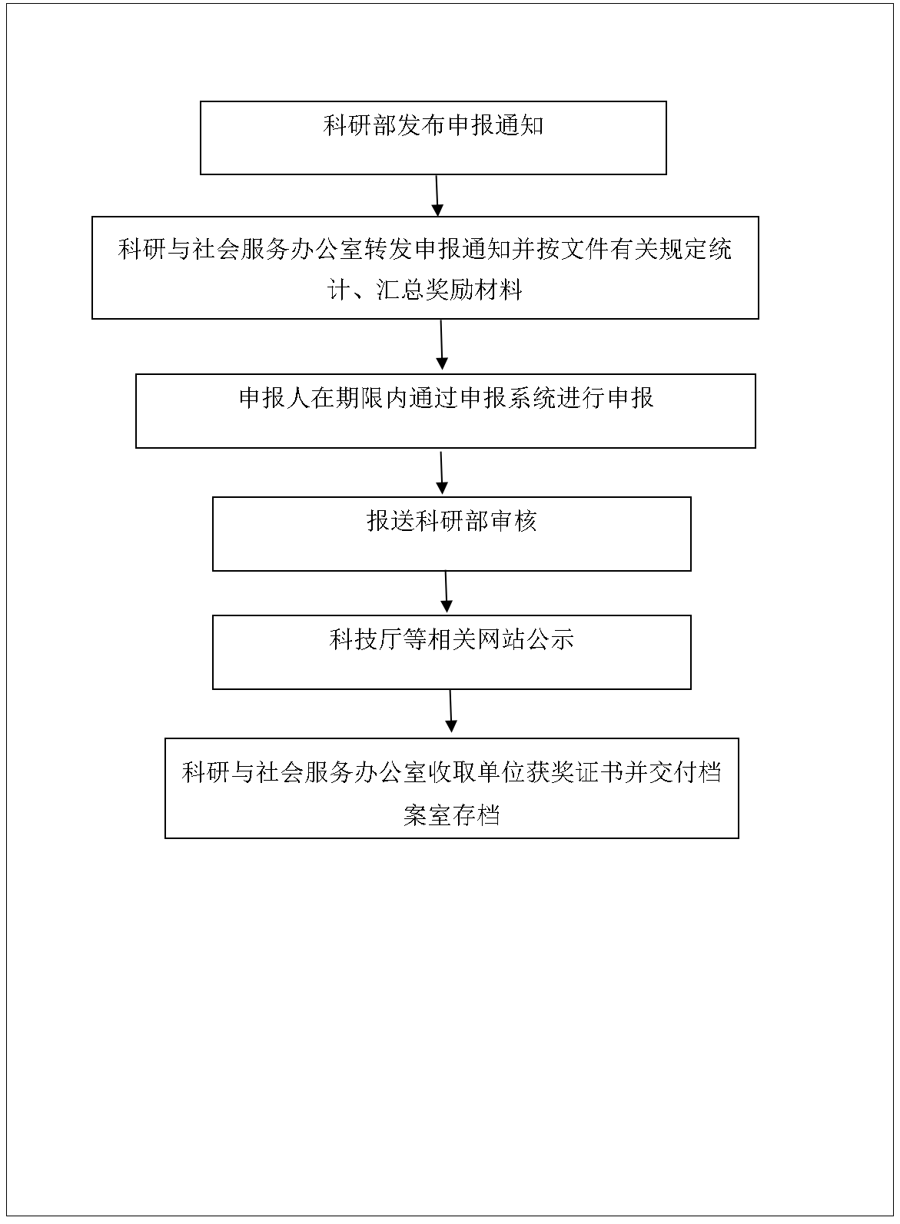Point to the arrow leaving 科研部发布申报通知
click(437, 196)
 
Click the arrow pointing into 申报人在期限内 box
click(441, 345)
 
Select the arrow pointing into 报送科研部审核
click(441, 473)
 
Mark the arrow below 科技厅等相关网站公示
click(451, 711)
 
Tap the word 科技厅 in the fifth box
click(366, 639)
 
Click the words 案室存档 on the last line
click(452, 814)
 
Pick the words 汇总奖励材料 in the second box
click(449, 290)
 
